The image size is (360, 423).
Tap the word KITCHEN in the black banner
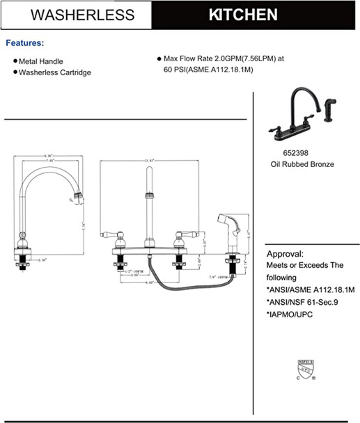coord(243,15)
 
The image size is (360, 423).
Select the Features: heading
coord(25,43)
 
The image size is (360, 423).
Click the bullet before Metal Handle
coord(15,61)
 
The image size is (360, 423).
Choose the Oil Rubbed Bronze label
coord(302,165)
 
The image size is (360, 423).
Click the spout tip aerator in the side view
coord(78,198)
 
